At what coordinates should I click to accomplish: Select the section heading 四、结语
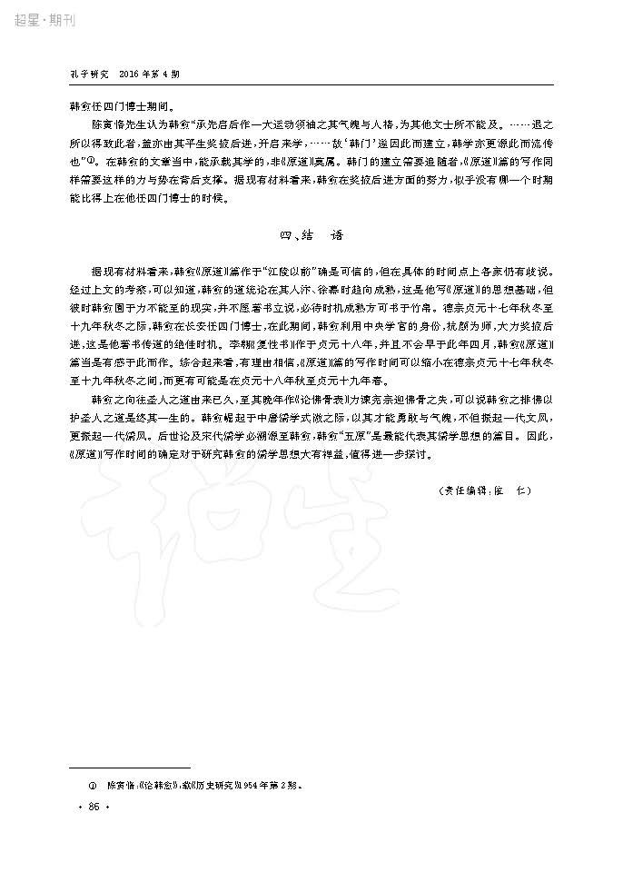coord(311,234)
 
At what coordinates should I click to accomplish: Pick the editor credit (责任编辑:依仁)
coord(483,491)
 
